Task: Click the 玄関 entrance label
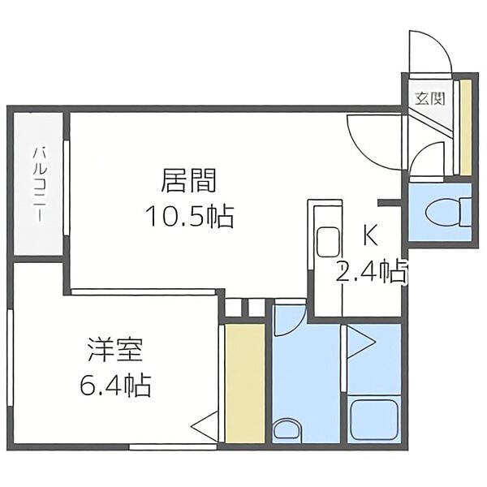coord(429,100)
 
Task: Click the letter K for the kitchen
coord(369,237)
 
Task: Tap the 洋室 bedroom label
coord(116,354)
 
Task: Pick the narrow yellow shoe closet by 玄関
coord(465,127)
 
